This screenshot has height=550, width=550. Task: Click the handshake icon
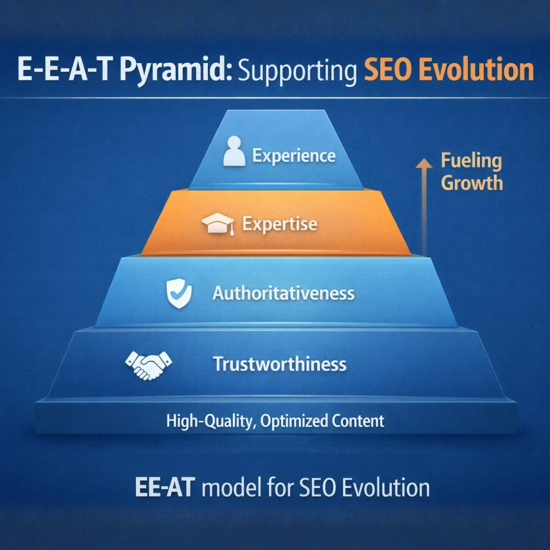point(148,365)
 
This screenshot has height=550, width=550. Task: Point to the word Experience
point(294,156)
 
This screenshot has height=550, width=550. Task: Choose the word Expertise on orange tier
point(280,224)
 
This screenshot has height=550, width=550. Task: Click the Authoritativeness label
point(283,293)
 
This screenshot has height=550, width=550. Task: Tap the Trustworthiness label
point(280,365)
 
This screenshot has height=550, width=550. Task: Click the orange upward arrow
point(422,204)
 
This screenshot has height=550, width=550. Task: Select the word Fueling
point(471,161)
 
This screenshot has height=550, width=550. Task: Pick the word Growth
point(472,183)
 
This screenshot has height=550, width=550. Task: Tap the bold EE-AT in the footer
point(163,487)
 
